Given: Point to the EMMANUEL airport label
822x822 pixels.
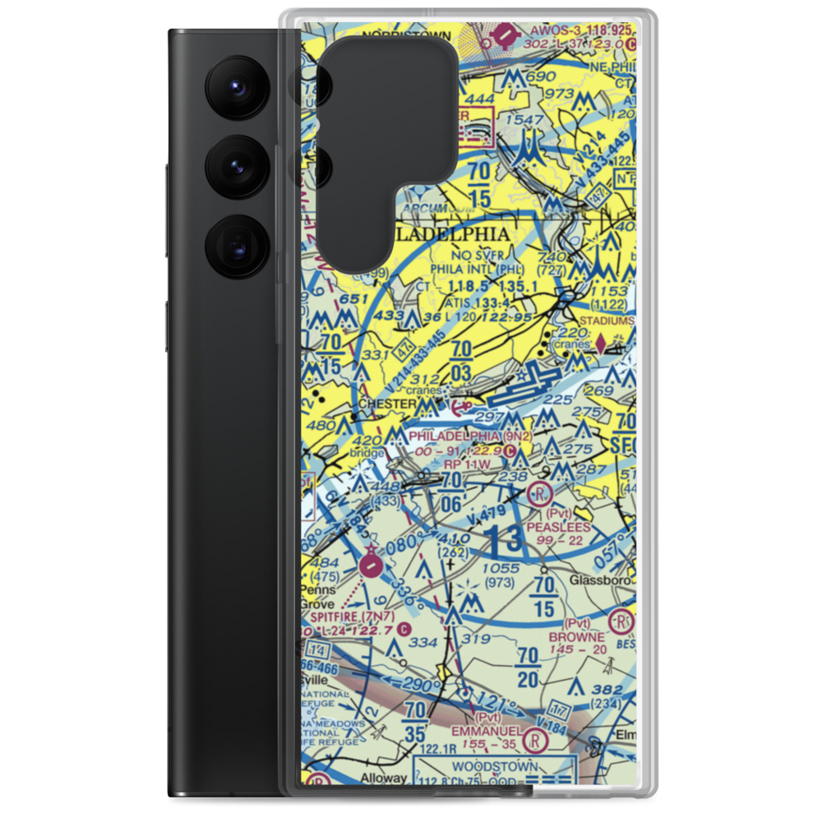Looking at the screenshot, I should (x=485, y=731).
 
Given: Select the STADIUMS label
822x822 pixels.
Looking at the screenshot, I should (x=607, y=321).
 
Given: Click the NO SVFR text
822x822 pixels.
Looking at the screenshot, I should (x=464, y=256).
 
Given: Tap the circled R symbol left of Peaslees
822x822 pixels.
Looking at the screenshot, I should (x=539, y=494).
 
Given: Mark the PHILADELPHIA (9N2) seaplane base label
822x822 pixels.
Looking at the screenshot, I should (x=469, y=436).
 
